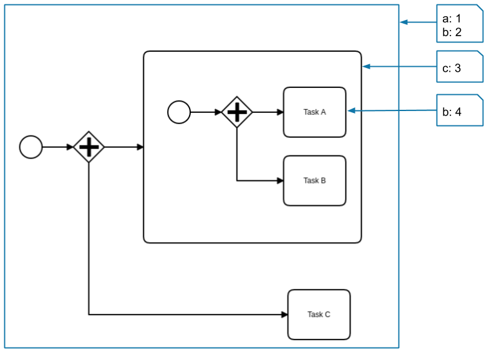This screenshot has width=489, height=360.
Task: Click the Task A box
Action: coord(314,112)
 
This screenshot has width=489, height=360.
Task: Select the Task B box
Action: coord(314,181)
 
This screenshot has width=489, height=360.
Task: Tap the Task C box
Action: coord(319,314)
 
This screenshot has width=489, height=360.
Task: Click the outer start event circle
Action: coord(31,147)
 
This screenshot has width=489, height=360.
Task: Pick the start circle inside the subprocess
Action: coord(179,112)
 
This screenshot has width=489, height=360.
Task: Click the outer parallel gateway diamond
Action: coord(89,147)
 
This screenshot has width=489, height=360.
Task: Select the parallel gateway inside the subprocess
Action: coord(237,112)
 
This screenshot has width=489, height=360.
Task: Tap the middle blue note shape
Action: coord(460,66)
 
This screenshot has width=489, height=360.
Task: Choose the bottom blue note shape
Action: coord(460,110)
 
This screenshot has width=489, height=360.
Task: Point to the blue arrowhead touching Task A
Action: coord(352,110)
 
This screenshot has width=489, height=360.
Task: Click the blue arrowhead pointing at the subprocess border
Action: coord(367,66)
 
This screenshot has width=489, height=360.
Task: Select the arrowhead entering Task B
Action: coord(280,181)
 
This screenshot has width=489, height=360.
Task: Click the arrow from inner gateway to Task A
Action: coord(267,112)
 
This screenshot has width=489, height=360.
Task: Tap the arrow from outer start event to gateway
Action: coord(57,147)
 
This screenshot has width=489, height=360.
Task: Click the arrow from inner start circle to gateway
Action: coord(206,112)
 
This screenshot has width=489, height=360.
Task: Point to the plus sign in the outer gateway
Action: coord(89,147)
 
